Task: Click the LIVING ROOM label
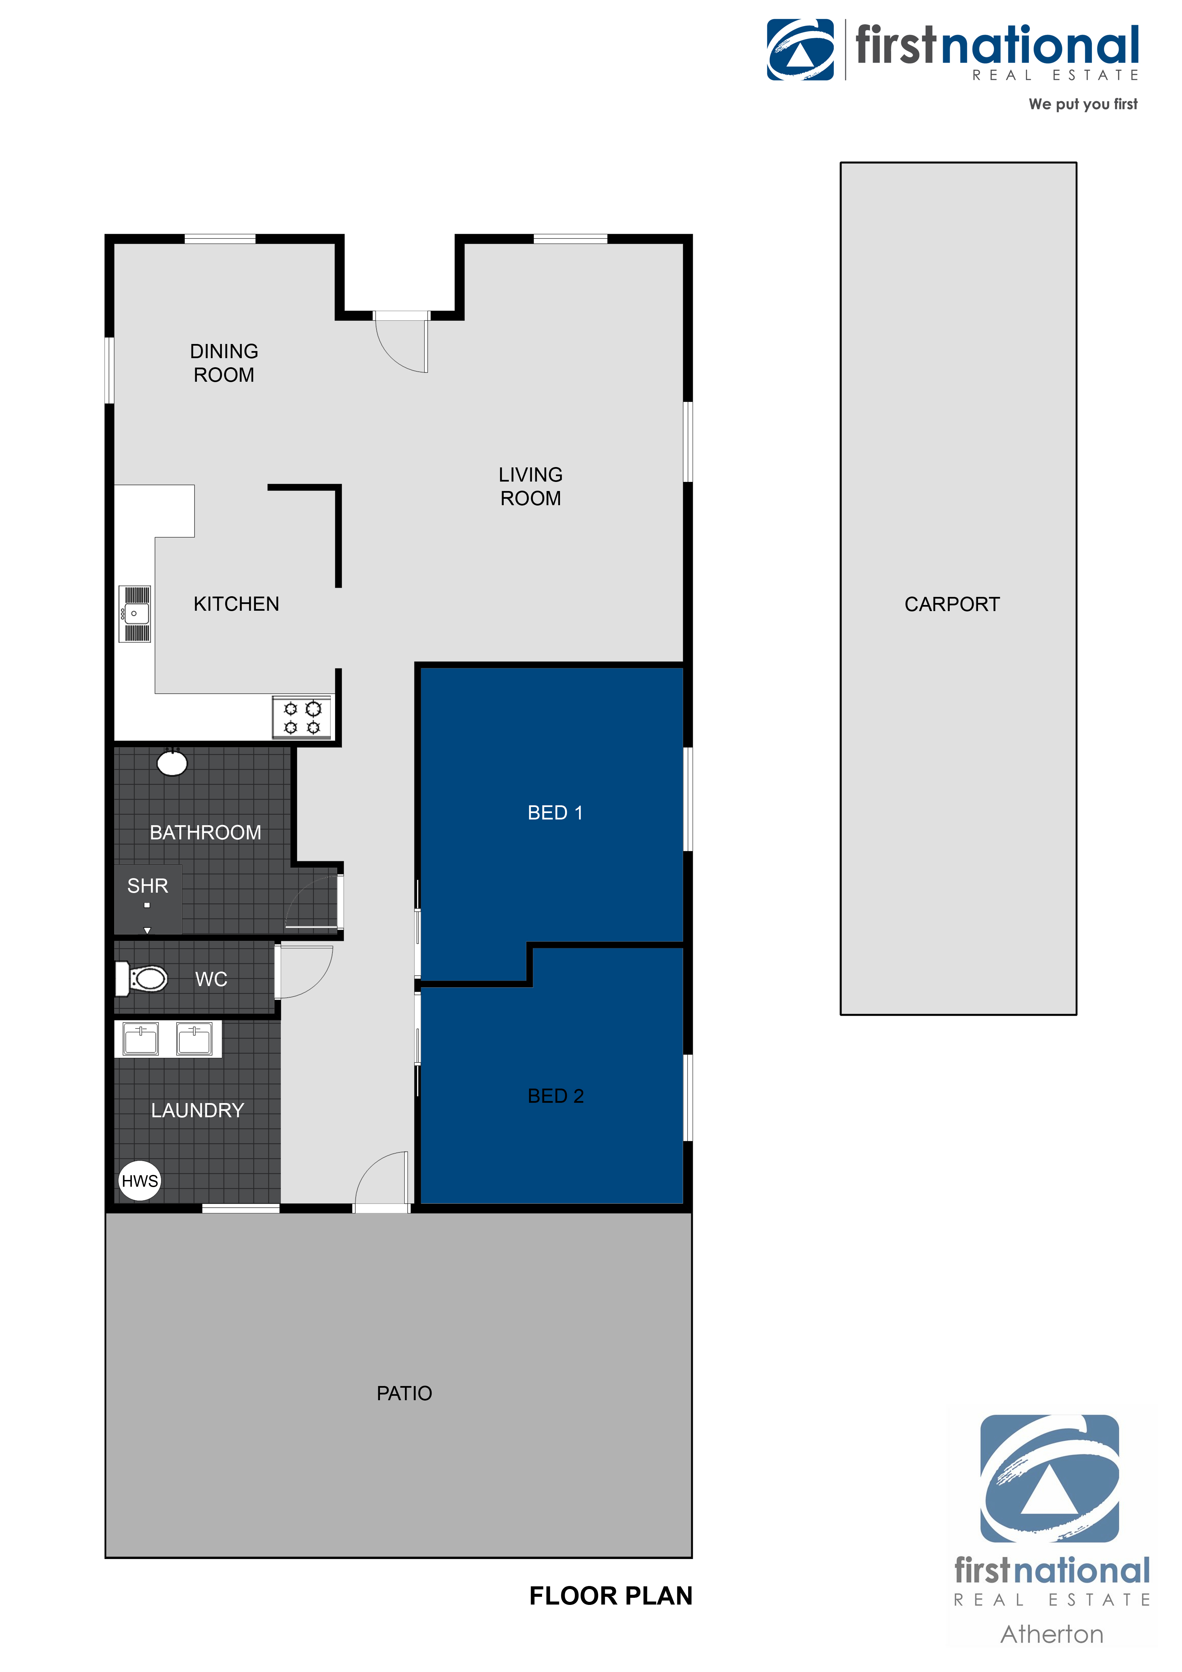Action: (531, 486)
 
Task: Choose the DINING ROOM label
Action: (224, 363)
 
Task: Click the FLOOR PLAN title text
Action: (611, 1595)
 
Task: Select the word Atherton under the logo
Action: (1052, 1634)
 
